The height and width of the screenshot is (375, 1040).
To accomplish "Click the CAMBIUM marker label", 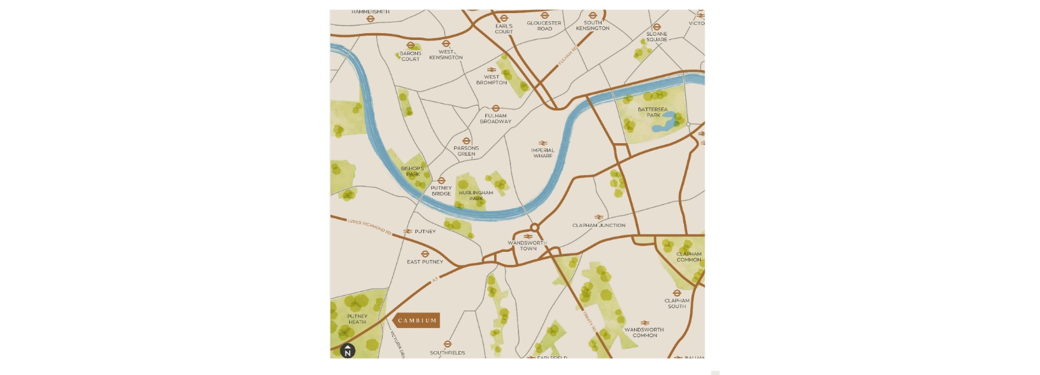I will click(x=417, y=321).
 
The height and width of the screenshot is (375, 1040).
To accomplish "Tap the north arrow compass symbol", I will click(x=347, y=351).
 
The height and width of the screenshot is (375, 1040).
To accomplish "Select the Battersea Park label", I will click(x=653, y=112).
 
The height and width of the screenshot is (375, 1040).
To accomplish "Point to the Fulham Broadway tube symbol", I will click(x=495, y=108).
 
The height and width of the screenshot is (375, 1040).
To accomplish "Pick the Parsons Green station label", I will click(x=466, y=151).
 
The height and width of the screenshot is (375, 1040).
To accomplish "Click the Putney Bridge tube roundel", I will click(x=441, y=181).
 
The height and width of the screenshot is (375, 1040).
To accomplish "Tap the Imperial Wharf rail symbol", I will click(x=543, y=143).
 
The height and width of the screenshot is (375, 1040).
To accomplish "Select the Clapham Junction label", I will click(x=598, y=226).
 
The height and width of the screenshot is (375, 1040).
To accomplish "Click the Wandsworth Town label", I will click(x=527, y=246).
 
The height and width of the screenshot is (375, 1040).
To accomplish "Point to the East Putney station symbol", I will click(x=425, y=254).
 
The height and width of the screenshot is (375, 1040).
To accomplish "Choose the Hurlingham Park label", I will click(x=476, y=196).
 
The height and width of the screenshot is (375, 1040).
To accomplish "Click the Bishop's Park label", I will click(x=412, y=171).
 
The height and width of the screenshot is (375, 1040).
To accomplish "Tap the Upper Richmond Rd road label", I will click(x=369, y=227).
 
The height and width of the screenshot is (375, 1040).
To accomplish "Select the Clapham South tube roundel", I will click(x=676, y=293).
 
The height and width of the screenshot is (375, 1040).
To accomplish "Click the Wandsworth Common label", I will click(x=644, y=332).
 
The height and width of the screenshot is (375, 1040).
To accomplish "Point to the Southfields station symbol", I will click(x=447, y=344).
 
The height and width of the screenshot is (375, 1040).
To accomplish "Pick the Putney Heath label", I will click(x=357, y=319).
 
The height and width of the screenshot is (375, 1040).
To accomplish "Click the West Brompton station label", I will click(x=492, y=80).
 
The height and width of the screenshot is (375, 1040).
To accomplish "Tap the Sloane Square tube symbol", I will click(x=656, y=27).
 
